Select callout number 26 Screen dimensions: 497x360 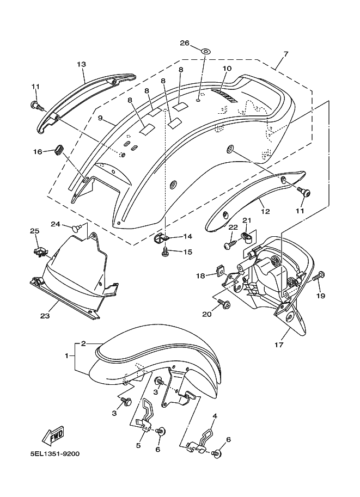184,43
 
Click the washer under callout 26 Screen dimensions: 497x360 205,52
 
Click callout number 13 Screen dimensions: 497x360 81,64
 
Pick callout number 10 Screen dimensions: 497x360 227,69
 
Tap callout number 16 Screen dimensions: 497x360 38,151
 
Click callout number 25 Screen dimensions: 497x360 34,232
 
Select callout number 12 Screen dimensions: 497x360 265,211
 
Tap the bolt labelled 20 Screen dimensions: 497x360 223,303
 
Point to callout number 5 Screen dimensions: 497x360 138,445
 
